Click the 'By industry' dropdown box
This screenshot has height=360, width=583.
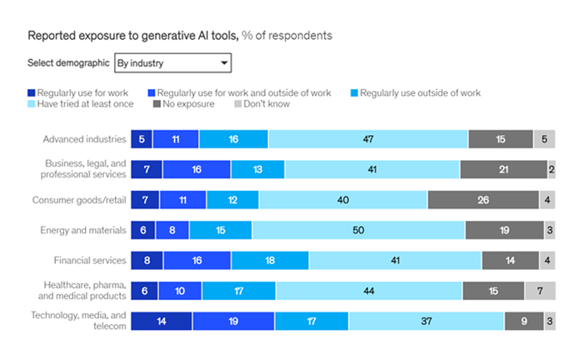pos(172,62)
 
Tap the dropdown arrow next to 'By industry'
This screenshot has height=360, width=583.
pos(223,63)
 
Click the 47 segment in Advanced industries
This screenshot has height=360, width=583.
pos(368,139)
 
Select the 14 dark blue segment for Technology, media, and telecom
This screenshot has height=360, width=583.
pos(162,321)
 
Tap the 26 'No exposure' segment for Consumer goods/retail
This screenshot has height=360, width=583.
pos(484,199)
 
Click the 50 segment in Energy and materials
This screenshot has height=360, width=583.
pos(358,229)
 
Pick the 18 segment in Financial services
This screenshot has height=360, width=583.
pos(270,260)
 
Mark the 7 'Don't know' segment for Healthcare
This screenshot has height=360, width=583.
pos(540,291)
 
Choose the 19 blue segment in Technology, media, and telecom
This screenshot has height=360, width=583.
pos(233,321)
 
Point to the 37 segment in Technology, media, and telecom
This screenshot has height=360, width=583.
pos(426,321)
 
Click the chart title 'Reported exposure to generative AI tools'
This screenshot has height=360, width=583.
pos(133,36)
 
